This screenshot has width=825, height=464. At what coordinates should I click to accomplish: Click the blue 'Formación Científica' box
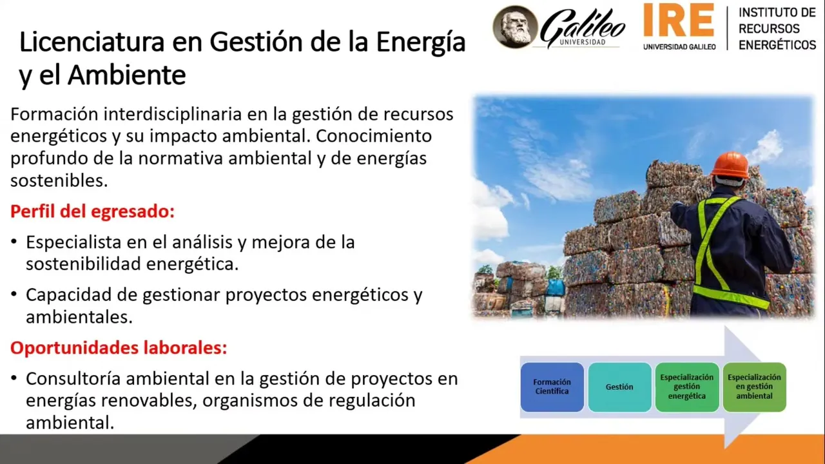[552, 387]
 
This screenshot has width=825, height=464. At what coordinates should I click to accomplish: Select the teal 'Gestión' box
[619, 387]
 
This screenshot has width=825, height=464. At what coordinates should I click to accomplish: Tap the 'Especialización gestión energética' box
[687, 387]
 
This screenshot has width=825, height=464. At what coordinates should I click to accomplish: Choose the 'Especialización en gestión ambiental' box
[754, 387]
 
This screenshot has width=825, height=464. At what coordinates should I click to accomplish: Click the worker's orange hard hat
[730, 165]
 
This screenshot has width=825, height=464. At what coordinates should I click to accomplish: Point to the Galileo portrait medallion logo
[515, 27]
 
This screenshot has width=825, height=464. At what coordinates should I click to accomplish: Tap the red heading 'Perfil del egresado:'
[92, 212]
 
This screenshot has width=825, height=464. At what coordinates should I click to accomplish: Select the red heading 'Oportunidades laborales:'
[119, 347]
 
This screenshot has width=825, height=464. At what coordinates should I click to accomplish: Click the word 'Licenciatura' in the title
[92, 42]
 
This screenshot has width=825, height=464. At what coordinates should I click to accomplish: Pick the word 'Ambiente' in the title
[127, 75]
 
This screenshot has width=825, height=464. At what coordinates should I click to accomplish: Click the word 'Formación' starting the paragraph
[54, 114]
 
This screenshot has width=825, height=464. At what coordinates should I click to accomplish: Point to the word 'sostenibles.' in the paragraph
[59, 180]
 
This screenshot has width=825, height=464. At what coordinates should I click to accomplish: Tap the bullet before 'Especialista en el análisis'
[14, 242]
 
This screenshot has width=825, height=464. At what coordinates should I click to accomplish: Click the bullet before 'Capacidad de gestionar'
[14, 295]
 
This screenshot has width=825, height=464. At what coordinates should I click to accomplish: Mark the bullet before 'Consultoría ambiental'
[14, 378]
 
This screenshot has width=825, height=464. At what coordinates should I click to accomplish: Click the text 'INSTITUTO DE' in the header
[777, 12]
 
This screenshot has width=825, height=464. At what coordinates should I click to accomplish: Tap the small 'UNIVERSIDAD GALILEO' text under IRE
[679, 47]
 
